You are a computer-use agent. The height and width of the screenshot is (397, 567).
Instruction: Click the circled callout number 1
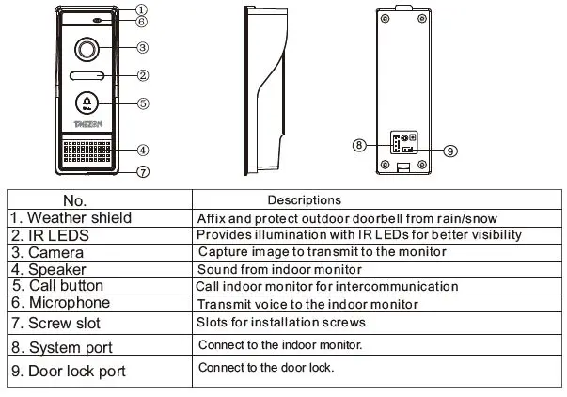click(x=140, y=9)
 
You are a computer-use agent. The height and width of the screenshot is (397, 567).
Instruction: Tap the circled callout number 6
click(x=141, y=21)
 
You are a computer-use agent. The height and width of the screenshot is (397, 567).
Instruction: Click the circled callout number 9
click(x=450, y=151)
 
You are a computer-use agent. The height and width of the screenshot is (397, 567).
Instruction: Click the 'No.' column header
click(x=74, y=200)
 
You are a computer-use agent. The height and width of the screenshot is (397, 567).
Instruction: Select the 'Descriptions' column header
click(x=304, y=200)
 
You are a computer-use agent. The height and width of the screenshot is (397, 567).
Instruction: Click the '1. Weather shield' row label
click(x=71, y=217)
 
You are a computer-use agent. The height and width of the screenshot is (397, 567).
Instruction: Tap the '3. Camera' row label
click(x=47, y=252)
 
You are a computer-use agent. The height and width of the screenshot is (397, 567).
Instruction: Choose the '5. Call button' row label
click(x=58, y=286)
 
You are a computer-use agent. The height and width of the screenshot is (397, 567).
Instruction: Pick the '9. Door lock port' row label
click(x=68, y=371)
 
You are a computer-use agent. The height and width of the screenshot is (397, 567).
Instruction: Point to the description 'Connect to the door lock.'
click(x=266, y=368)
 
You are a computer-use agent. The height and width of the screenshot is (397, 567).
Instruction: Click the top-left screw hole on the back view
click(x=386, y=18)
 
